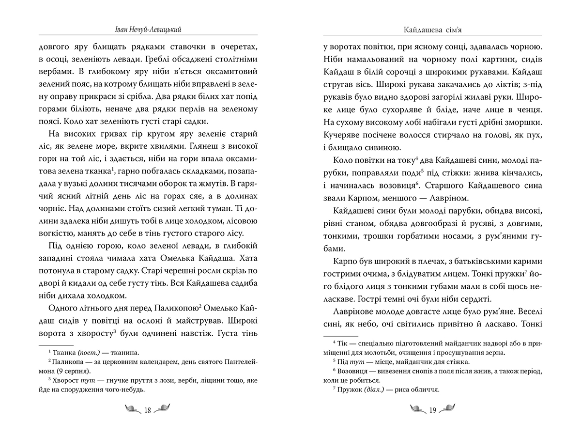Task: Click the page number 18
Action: pyautogui.click(x=148, y=410)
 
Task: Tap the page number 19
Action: pyautogui.click(x=433, y=410)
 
